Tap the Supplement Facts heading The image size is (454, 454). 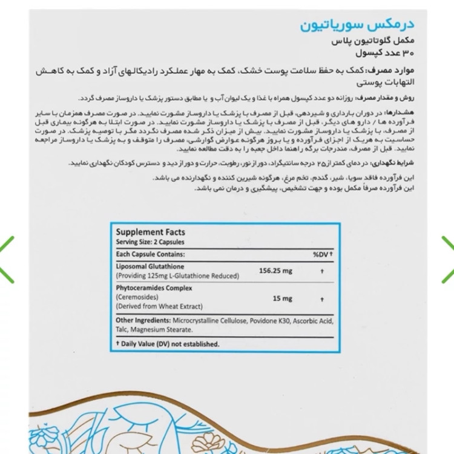(x=150, y=232)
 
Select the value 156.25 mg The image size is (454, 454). (x=275, y=271)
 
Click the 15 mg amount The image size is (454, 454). (x=282, y=298)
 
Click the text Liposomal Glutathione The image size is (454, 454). (x=150, y=266)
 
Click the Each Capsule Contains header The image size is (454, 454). (x=150, y=254)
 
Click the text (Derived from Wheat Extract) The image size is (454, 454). (x=159, y=307)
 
